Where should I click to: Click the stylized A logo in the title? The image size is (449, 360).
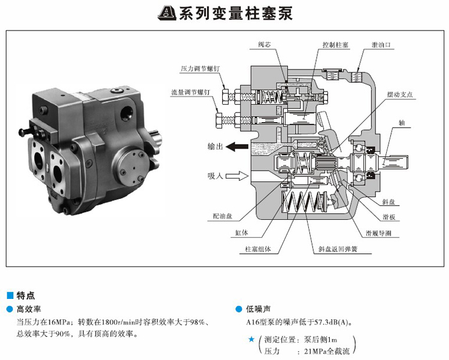[167, 13]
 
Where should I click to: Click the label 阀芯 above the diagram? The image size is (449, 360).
[264, 45]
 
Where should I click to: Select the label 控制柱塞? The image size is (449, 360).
[335, 45]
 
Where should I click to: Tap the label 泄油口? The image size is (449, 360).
[381, 45]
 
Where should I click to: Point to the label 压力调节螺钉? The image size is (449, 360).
[200, 69]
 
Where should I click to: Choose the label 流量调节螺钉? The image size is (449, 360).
[191, 92]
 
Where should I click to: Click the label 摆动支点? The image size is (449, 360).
[400, 95]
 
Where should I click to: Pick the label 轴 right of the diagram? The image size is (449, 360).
[402, 123]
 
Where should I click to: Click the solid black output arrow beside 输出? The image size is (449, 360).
[237, 147]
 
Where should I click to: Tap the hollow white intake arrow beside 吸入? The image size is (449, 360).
[237, 176]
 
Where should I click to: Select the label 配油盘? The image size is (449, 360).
[223, 216]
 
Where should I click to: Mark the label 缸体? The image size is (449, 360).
[241, 233]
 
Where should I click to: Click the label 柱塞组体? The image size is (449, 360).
[257, 249]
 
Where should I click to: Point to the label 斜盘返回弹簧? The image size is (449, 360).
[338, 249]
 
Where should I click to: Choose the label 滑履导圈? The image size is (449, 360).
[378, 234]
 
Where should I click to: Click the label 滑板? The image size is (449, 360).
[389, 217]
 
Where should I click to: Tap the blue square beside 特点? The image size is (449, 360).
[10, 295]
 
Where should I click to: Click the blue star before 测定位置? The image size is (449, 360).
[251, 340]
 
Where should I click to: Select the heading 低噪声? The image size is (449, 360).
[258, 309]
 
